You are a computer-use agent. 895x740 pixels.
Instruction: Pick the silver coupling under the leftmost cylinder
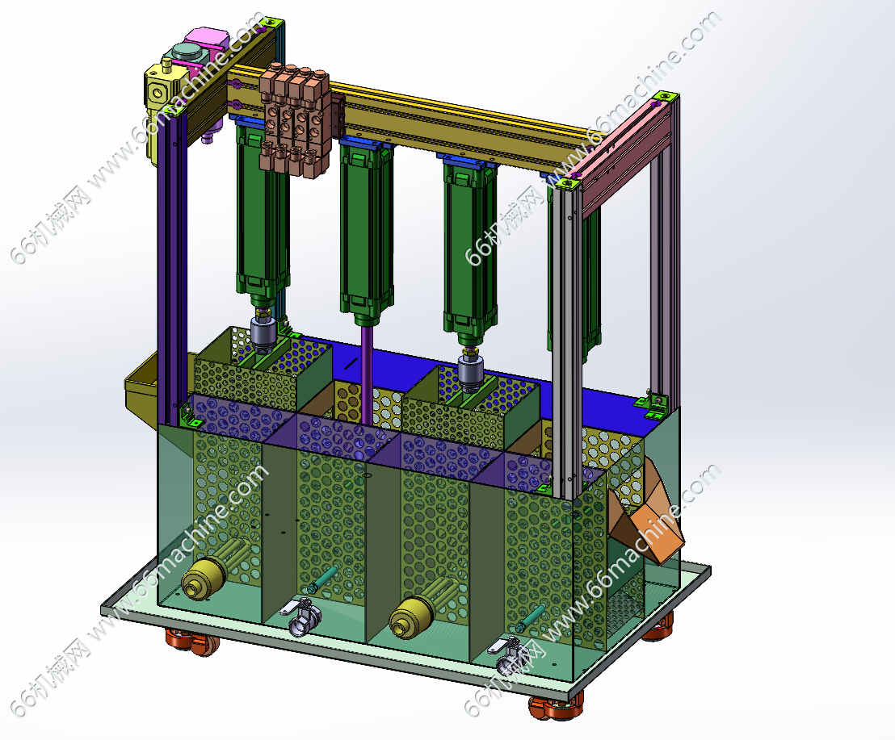tap(263, 332)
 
